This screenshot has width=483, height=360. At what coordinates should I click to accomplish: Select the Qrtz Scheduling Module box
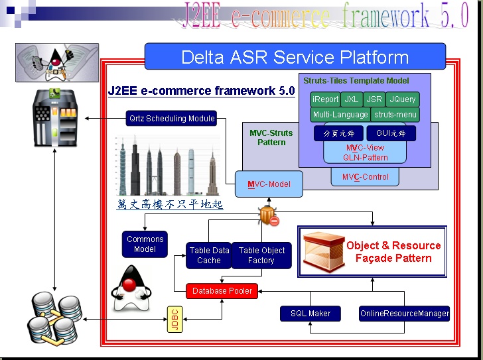(x=172, y=119)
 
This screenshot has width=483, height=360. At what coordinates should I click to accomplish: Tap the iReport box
(x=326, y=99)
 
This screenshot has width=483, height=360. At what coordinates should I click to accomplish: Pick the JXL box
(x=352, y=99)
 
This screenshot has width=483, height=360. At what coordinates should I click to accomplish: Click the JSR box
(x=375, y=99)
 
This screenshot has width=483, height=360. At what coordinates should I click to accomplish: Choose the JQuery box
(x=403, y=99)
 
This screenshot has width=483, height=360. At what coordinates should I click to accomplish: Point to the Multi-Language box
(x=340, y=115)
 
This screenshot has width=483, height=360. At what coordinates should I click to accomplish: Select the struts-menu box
(x=395, y=115)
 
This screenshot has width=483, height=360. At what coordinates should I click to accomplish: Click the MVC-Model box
(x=269, y=184)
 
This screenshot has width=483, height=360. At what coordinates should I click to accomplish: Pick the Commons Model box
(x=145, y=244)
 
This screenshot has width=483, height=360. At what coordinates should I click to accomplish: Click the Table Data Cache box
(x=209, y=255)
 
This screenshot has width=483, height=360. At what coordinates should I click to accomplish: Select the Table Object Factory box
(x=261, y=255)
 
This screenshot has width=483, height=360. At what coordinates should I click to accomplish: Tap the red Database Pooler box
(x=222, y=291)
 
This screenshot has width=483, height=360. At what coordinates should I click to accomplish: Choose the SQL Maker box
(x=310, y=313)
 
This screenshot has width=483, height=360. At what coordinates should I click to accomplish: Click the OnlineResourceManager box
(x=405, y=313)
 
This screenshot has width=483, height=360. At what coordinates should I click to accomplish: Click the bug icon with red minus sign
(x=268, y=215)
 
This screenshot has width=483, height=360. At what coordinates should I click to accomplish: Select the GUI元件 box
(x=391, y=133)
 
